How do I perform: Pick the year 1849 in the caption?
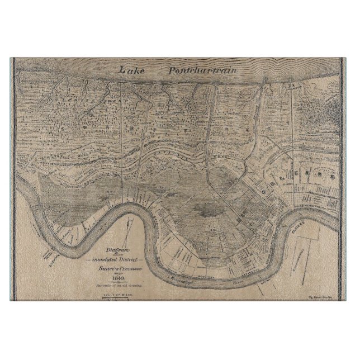click(117, 278)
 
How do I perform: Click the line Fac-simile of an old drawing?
click(117, 285)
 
